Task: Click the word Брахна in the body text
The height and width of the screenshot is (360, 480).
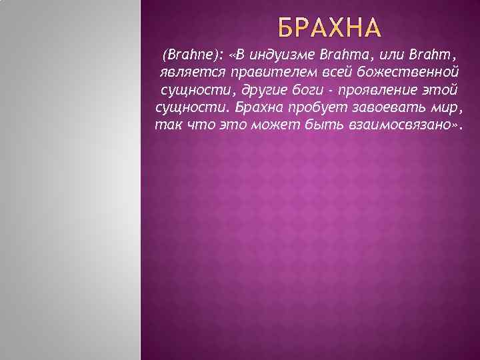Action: point(258,107)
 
